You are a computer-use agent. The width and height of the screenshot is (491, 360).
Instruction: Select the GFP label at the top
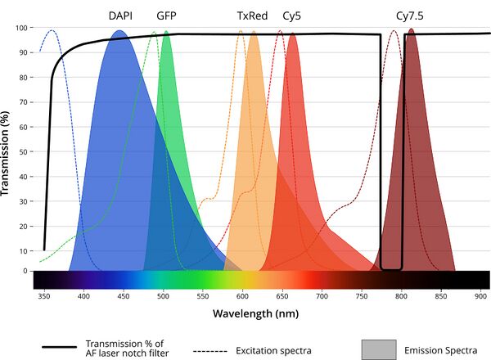point(166,16)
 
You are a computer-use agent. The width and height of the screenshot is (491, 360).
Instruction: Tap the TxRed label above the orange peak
point(252,16)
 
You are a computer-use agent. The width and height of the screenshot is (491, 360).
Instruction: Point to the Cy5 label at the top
point(292,16)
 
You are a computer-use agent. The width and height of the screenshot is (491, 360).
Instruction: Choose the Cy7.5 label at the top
point(409,16)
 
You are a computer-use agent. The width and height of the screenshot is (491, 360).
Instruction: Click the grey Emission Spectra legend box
point(380,350)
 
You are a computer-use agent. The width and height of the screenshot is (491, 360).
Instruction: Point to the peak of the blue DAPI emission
point(119,31)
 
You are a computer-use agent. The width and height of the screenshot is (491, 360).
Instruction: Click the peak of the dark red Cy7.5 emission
point(411,30)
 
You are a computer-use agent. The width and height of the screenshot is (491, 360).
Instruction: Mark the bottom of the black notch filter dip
point(392,268)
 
